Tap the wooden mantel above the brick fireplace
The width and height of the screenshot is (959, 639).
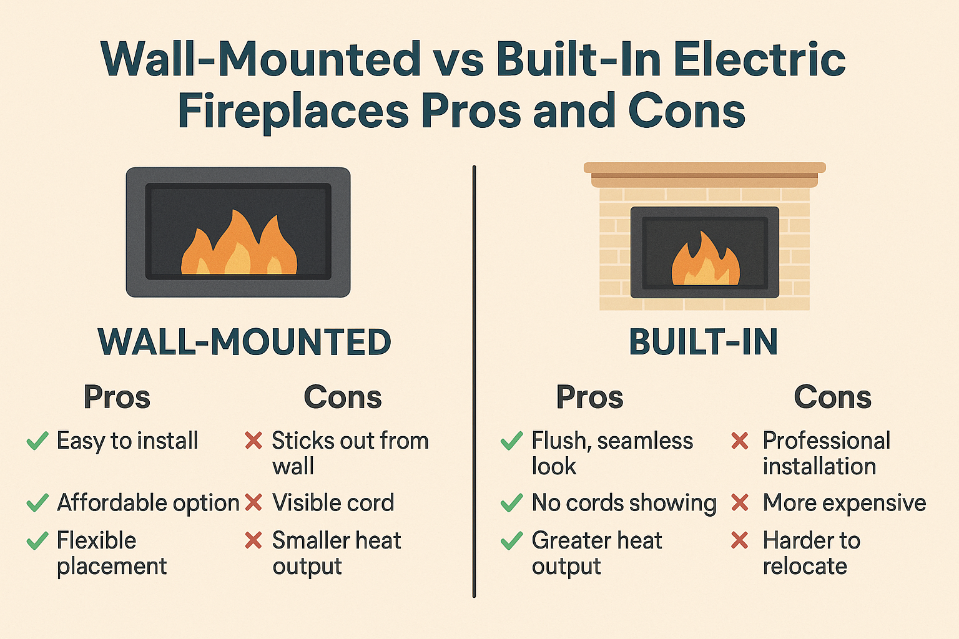(704, 174)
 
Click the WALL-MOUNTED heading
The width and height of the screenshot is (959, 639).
(244, 343)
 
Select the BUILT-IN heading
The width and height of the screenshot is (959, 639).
(703, 343)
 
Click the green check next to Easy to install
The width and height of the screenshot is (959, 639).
(37, 441)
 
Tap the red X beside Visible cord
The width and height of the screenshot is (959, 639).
(253, 502)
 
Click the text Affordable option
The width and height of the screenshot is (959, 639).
(148, 503)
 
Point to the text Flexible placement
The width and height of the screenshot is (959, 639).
(111, 553)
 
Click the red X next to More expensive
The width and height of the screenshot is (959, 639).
(740, 502)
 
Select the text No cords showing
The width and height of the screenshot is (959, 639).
(624, 503)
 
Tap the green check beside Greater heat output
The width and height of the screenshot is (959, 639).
(511, 540)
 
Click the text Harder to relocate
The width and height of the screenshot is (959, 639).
(810, 553)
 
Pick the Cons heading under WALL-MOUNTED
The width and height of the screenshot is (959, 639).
(342, 398)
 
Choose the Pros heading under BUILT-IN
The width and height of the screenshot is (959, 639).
(589, 398)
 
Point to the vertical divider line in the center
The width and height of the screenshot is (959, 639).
(475, 381)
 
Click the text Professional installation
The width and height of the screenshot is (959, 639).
(825, 453)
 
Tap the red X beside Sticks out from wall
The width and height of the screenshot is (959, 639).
(253, 441)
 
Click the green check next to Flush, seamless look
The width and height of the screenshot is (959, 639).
(511, 441)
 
